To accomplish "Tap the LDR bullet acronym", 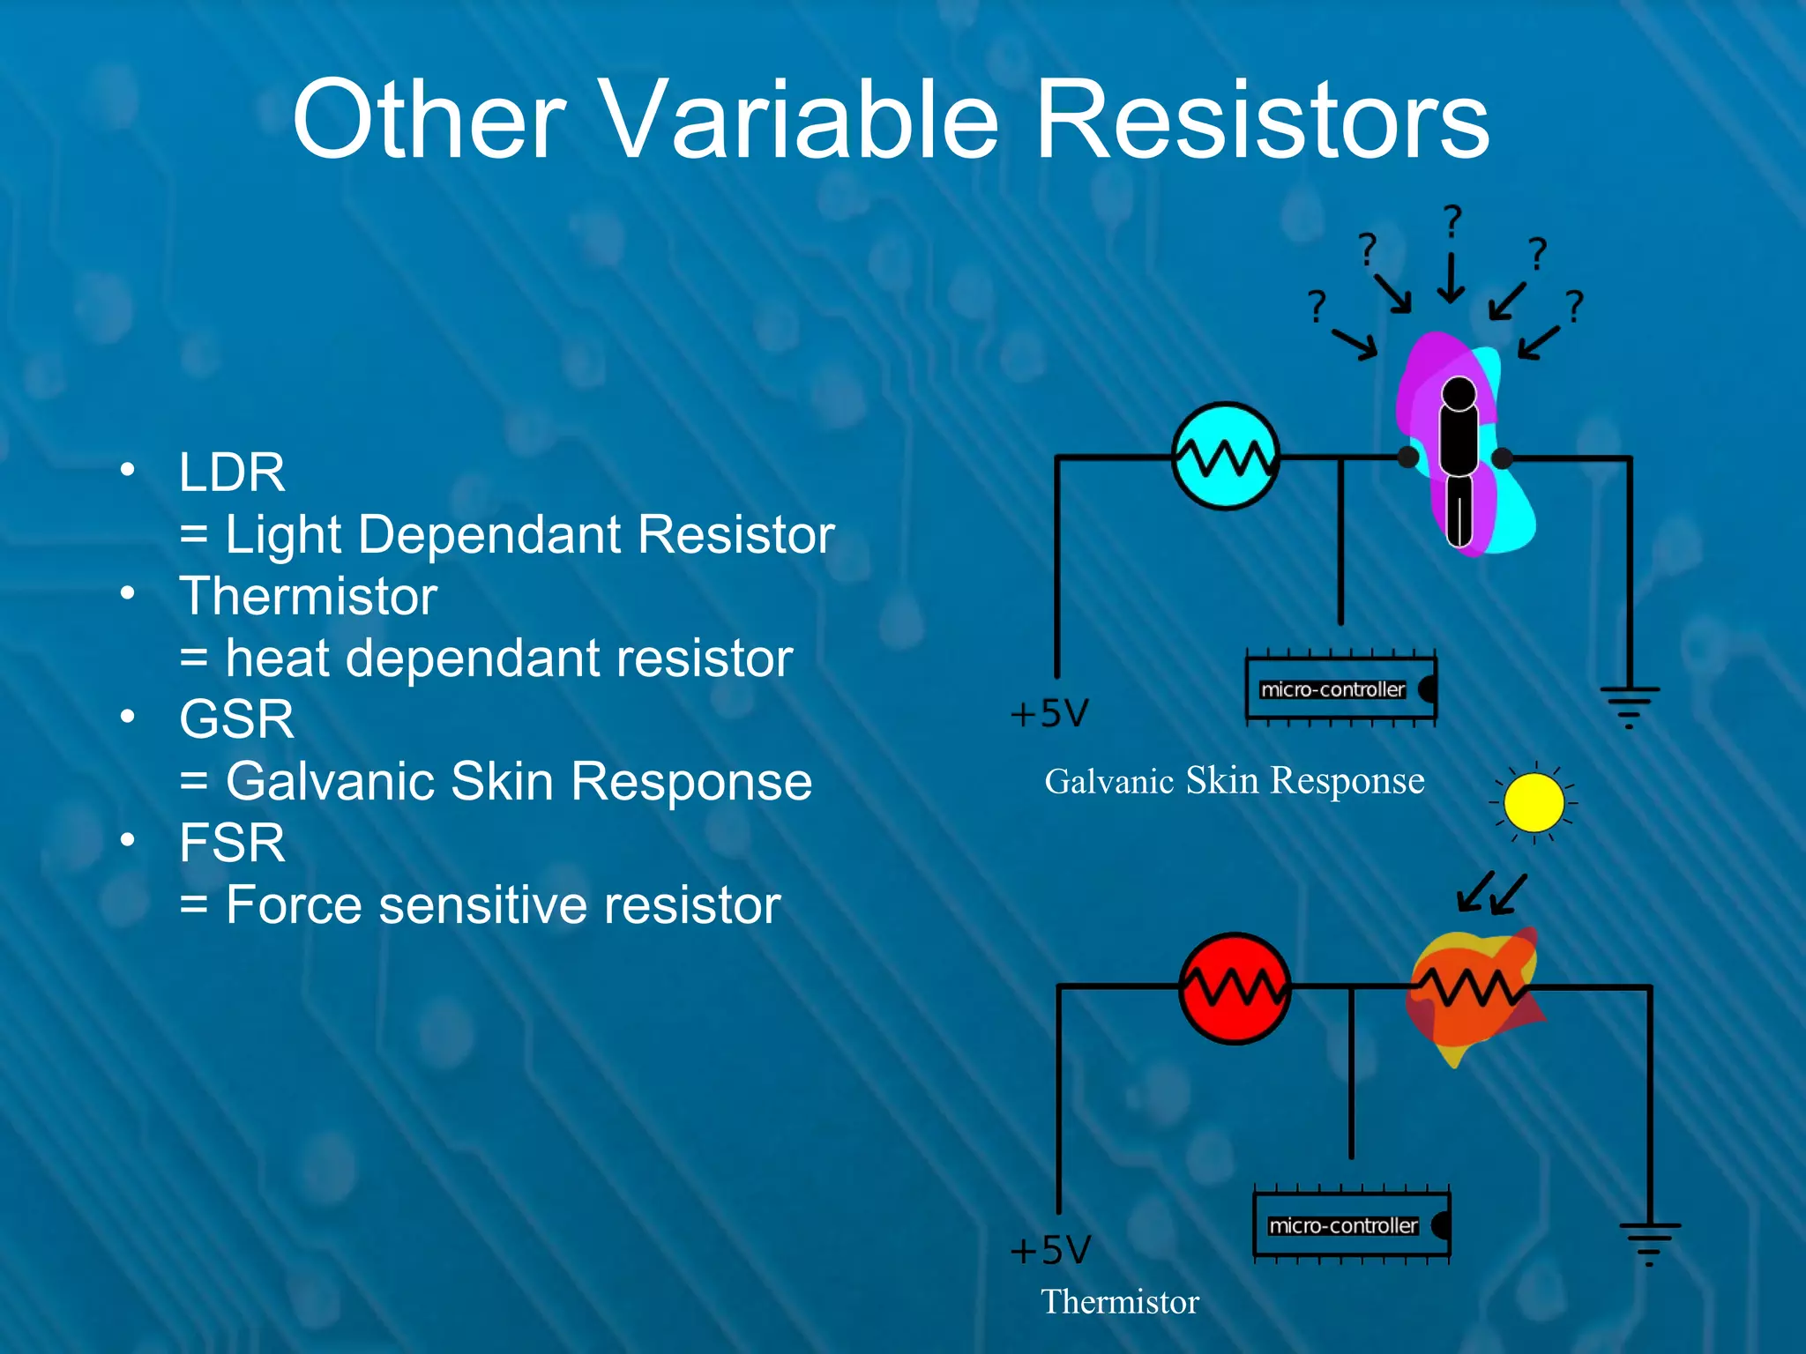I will click(232, 472).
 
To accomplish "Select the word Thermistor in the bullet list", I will click(308, 596).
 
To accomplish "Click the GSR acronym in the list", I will click(236, 719).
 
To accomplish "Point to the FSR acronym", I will click(232, 843).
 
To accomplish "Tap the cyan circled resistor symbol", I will click(1225, 456).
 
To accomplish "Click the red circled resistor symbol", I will click(1235, 988).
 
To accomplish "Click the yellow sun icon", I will click(1534, 803).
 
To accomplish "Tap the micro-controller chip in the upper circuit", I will click(1340, 689).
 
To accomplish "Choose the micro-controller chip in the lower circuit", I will click(1351, 1225).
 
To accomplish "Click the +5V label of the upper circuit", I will click(1049, 713).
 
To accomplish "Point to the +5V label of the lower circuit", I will click(1050, 1250).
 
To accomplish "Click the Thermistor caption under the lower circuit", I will click(1119, 1302).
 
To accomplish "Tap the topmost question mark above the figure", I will click(1452, 220).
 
